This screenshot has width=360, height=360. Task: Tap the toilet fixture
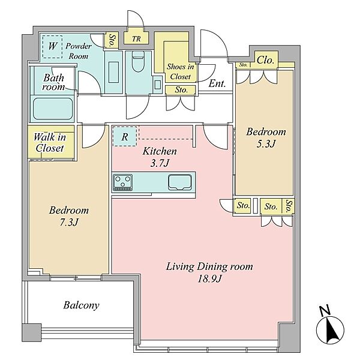coord(138,62)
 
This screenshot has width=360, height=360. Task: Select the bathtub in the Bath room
coord(53,109)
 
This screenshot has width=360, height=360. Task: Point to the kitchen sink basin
coord(180,182)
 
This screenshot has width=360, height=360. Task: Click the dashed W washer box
coord(53,47)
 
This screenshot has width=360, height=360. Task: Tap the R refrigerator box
coord(125,136)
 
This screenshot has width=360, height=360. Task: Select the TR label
coord(136,38)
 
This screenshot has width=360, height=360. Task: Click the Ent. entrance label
coord(217,83)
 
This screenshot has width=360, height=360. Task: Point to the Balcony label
coord(81,305)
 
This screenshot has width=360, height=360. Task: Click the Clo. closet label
coord(265,60)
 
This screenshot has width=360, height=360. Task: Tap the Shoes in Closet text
coord(181,71)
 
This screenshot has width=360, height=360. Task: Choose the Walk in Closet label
coord(50,143)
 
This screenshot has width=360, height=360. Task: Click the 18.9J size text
coord(209,279)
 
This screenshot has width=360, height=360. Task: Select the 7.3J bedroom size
coord(69,222)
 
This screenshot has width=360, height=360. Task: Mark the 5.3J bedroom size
coord(266,144)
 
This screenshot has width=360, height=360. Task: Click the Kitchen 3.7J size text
coord(160,163)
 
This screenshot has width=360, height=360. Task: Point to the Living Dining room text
coord(209,266)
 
